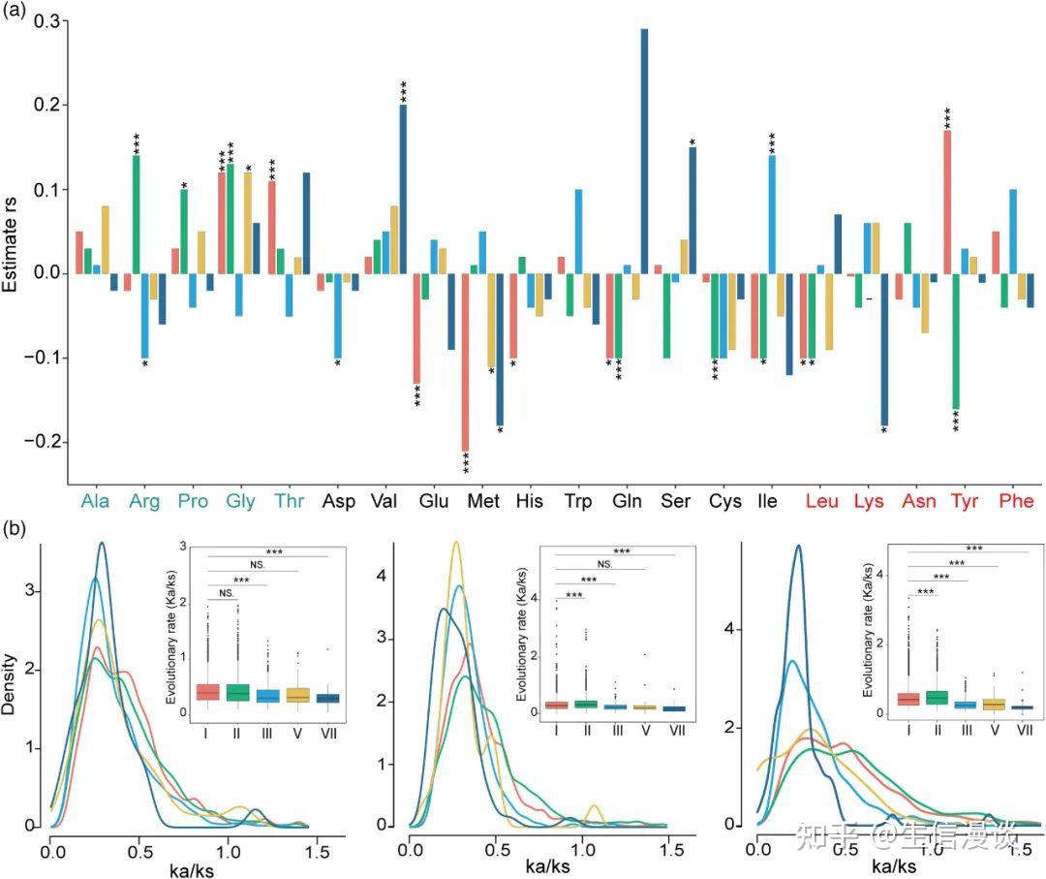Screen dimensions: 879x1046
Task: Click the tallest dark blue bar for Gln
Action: [644, 151]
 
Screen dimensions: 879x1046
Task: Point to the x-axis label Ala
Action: [95, 502]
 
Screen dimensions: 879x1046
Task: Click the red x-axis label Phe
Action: [1014, 502]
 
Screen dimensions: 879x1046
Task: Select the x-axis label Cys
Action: [724, 502]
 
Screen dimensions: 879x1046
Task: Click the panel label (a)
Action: [16, 12]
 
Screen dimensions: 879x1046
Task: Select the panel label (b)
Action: [16, 529]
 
